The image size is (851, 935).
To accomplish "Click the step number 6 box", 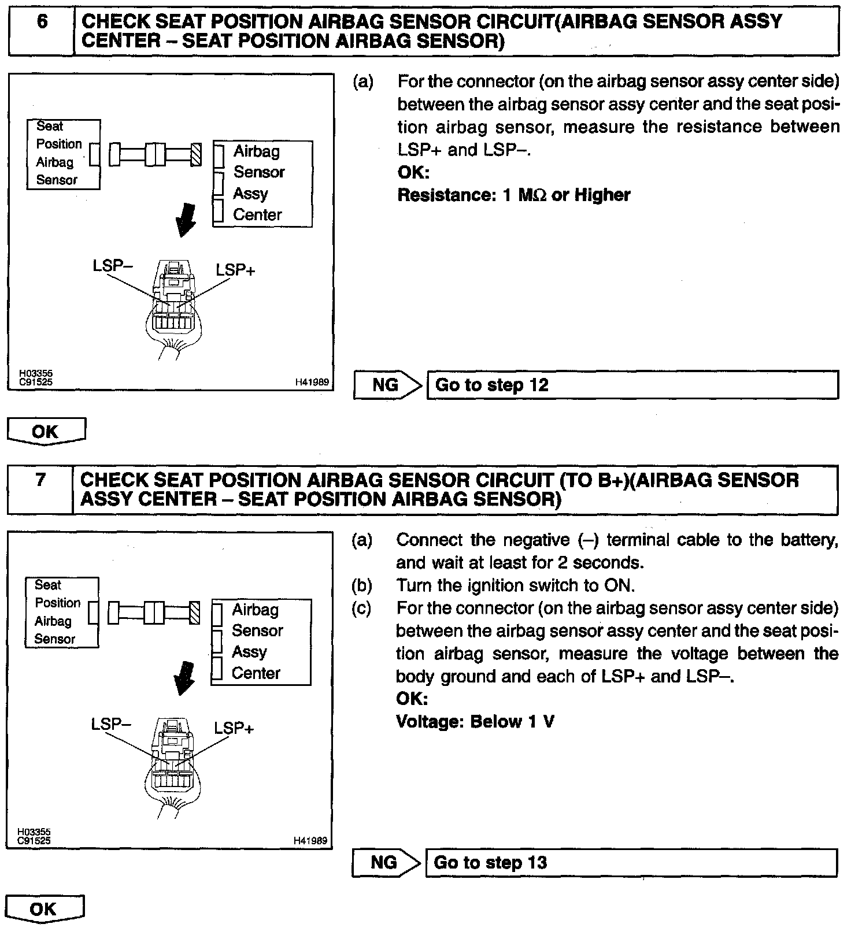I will (x=42, y=30).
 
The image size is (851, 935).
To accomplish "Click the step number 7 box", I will (x=40, y=489).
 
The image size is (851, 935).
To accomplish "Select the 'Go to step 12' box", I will (x=632, y=385).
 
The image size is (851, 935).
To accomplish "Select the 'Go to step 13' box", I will (x=631, y=863).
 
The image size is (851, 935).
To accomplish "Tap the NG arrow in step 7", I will (x=385, y=863).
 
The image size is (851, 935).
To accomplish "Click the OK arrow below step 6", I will (x=46, y=431).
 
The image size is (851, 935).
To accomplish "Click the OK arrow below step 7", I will (x=45, y=909).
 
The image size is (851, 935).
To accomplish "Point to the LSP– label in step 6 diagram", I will (x=113, y=266).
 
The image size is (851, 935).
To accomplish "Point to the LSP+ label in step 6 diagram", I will (x=235, y=270).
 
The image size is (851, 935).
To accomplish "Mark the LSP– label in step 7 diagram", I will (x=111, y=724).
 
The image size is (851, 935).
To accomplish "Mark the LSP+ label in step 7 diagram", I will (x=234, y=728).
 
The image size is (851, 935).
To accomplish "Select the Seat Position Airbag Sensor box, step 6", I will (x=63, y=154).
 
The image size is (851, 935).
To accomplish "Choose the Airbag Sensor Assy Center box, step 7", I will (x=261, y=642).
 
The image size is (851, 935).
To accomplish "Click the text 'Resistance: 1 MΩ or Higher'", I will (x=513, y=195).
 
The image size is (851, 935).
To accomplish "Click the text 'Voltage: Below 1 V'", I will (x=475, y=722).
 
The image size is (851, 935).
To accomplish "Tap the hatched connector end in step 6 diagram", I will (x=196, y=155).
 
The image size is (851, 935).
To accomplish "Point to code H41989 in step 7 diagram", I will (x=311, y=840).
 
